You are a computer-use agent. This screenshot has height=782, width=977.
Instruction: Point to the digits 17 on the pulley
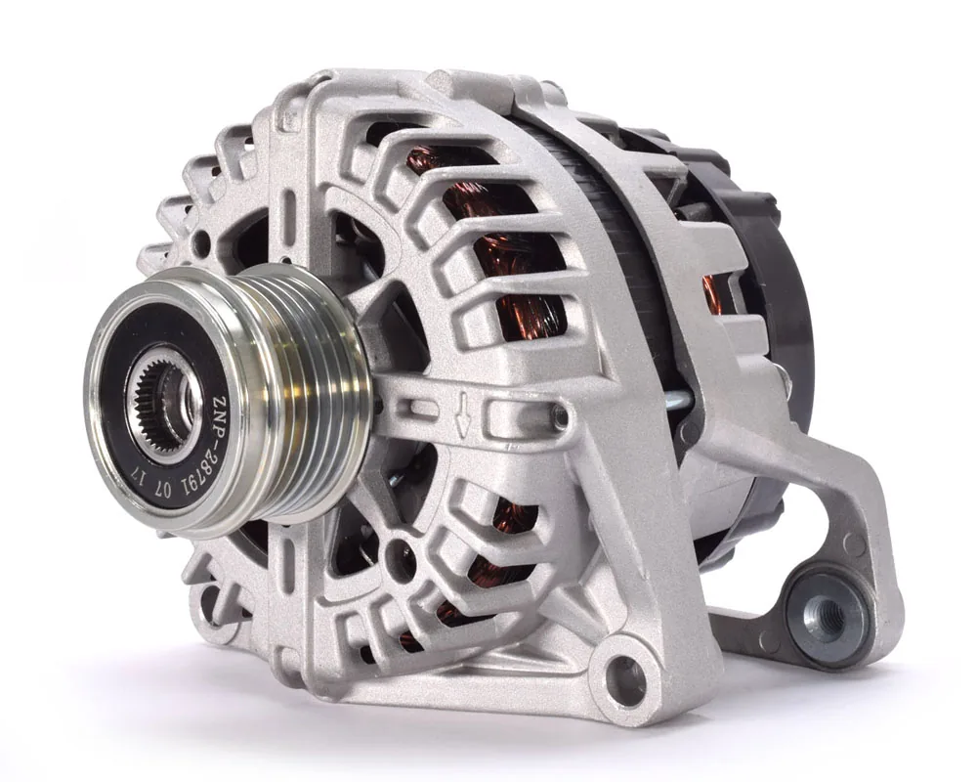tap(139, 480)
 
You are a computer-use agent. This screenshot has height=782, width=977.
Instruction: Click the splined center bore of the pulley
tap(163, 404)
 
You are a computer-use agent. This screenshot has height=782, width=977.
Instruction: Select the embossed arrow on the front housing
tap(461, 414)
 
